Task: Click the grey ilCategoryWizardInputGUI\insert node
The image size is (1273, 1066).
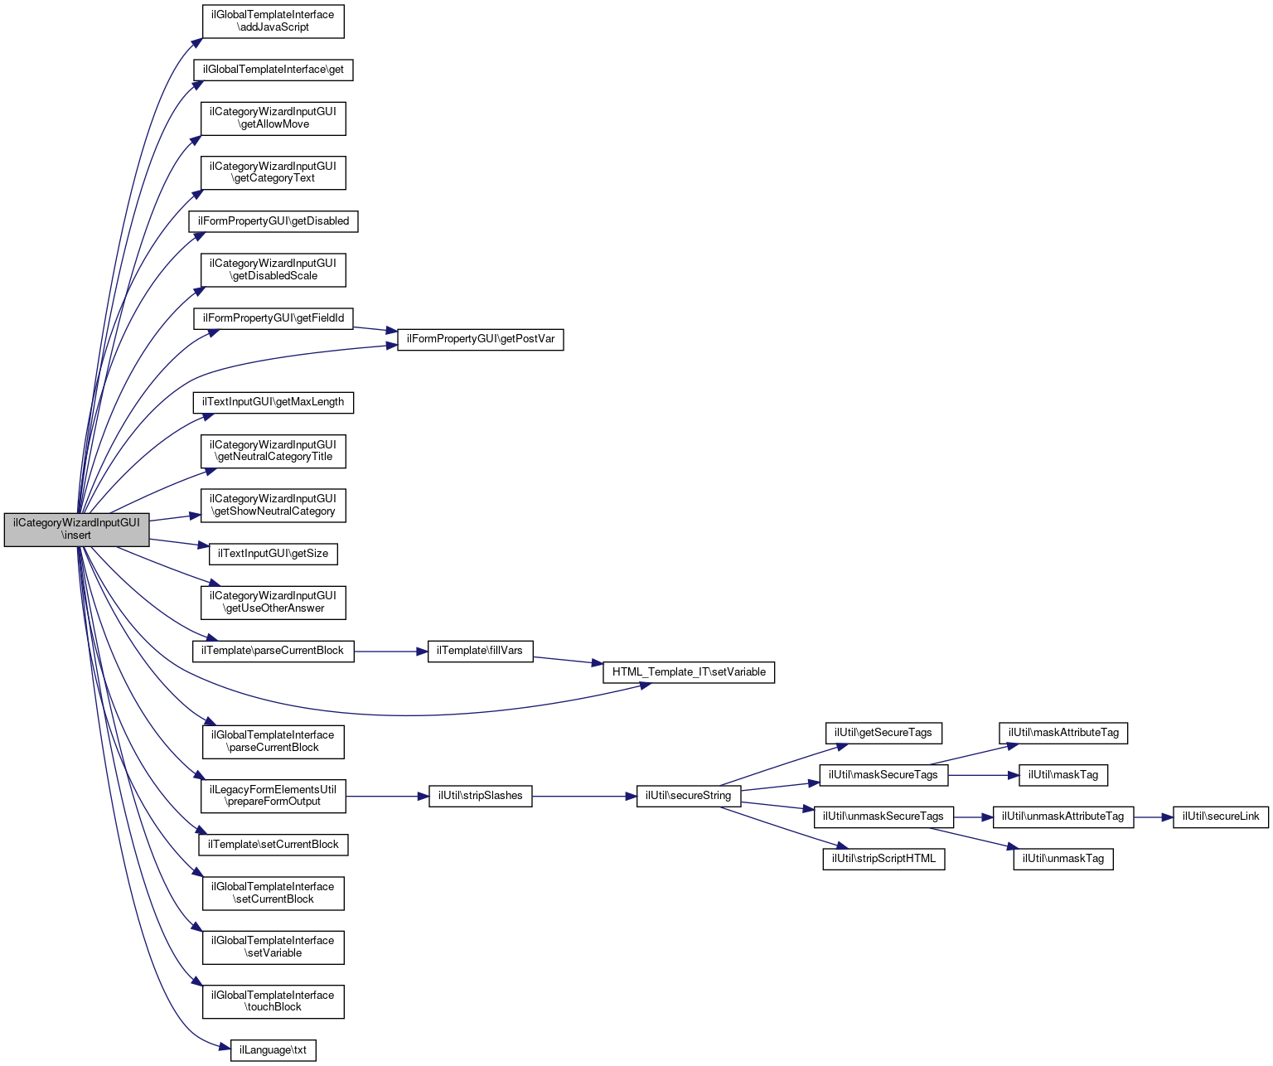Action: (x=76, y=529)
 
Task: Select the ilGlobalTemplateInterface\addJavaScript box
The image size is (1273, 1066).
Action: (x=273, y=21)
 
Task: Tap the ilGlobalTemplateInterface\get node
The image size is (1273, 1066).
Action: (x=273, y=70)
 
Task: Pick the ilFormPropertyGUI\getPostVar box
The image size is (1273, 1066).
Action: (x=480, y=339)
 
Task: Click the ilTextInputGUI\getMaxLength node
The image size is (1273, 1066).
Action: (x=273, y=402)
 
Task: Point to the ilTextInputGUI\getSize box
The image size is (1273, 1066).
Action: (x=273, y=554)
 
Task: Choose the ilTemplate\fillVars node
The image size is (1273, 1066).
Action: (x=480, y=651)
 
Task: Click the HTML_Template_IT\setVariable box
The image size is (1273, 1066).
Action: (x=688, y=671)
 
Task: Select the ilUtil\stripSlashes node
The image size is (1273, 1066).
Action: (x=480, y=796)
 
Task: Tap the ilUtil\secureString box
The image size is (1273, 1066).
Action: (x=688, y=796)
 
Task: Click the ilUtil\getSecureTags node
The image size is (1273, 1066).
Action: (x=883, y=733)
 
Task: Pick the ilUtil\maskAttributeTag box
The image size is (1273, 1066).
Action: (x=1063, y=733)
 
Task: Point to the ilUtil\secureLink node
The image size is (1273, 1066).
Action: (x=1220, y=816)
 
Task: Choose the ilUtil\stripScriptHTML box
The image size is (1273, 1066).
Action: (x=883, y=859)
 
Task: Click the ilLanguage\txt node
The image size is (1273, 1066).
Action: (x=273, y=1050)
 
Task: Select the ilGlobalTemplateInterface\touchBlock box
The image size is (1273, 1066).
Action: (x=273, y=1001)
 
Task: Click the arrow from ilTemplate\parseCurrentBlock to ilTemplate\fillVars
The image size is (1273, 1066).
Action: (x=390, y=652)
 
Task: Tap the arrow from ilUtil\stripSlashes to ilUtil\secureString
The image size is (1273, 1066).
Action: (x=583, y=796)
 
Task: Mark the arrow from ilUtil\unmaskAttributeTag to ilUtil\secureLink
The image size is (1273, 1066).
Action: (x=1153, y=817)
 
